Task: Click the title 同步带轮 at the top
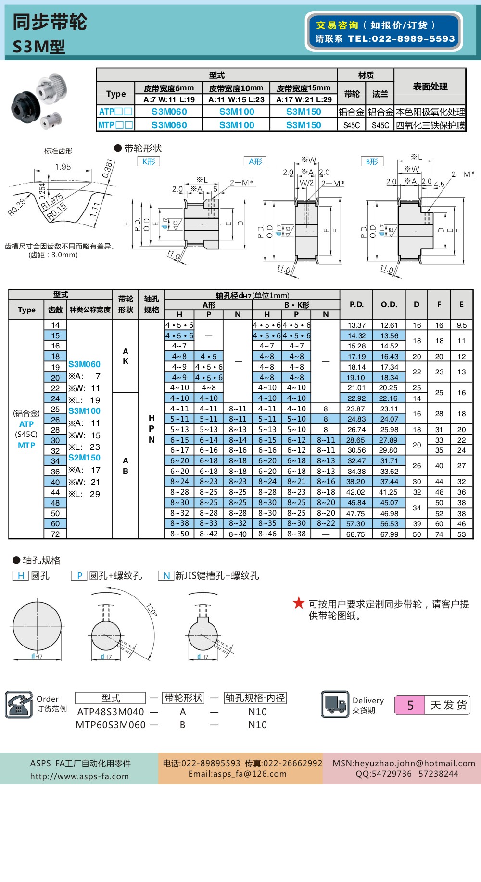point(50,22)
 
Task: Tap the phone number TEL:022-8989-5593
point(401,39)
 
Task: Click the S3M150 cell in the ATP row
point(304,112)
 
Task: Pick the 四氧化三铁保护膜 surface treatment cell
point(430,125)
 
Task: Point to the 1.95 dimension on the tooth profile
point(63,167)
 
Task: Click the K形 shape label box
point(149,161)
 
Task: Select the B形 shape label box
point(372,161)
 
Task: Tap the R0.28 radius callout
point(17,207)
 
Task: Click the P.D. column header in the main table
point(356,304)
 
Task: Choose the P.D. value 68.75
point(355,534)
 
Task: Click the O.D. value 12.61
point(389,325)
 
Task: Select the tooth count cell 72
point(55,534)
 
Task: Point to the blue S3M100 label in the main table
point(84,411)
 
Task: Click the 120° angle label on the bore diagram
point(152,609)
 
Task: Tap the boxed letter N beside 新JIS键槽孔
point(166,576)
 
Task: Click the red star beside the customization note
point(299,603)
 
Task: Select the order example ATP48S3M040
point(111,712)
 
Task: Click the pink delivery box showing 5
point(410,705)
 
